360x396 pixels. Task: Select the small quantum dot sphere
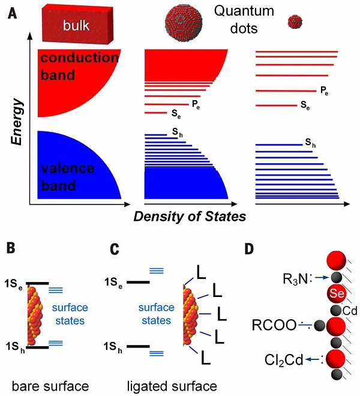[x=294, y=22]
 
